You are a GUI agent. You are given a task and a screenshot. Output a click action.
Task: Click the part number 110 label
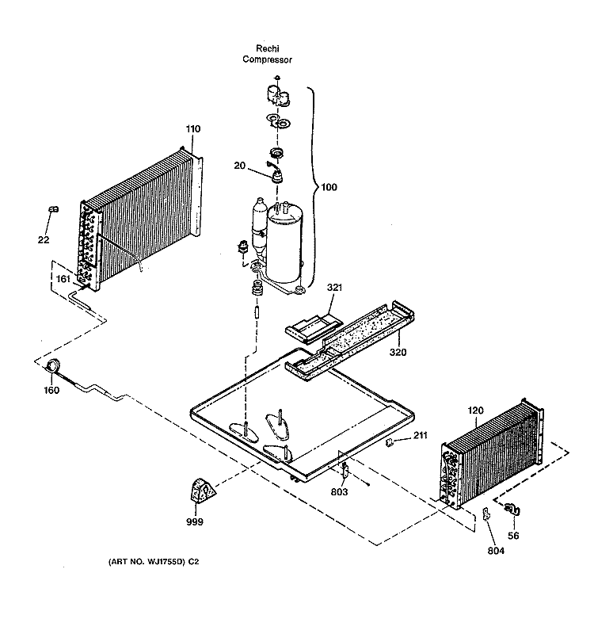pyautogui.click(x=193, y=129)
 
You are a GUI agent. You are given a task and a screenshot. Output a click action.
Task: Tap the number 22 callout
pyautogui.click(x=44, y=240)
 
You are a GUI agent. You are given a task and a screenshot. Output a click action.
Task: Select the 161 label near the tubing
pyautogui.click(x=63, y=279)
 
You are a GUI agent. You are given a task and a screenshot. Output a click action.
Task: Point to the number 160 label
pyautogui.click(x=51, y=390)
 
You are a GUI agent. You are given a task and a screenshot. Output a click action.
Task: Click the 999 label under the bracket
pyautogui.click(x=195, y=522)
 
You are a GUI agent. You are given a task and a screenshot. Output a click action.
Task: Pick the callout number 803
pyautogui.click(x=339, y=492)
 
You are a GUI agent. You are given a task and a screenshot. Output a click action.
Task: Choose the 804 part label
pyautogui.click(x=496, y=551)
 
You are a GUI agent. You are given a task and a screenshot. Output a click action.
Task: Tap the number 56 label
pyautogui.click(x=513, y=536)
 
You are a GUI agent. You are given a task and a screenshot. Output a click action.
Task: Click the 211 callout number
pyautogui.click(x=421, y=435)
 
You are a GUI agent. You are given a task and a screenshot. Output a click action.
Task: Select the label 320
pyautogui.click(x=398, y=352)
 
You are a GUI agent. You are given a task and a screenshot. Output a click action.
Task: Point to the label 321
pyautogui.click(x=334, y=288)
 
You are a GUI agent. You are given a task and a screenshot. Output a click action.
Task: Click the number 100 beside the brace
pyautogui.click(x=329, y=187)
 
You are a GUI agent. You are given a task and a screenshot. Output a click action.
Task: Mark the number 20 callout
pyautogui.click(x=240, y=166)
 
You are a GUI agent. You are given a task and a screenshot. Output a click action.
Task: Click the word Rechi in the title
pyautogui.click(x=268, y=48)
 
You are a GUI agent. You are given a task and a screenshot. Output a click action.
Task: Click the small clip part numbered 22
pyautogui.click(x=53, y=209)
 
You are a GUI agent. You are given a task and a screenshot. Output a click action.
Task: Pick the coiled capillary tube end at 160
pyautogui.click(x=52, y=366)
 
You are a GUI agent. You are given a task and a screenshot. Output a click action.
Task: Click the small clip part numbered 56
pyautogui.click(x=512, y=509)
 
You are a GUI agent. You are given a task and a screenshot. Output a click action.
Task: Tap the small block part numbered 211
pyautogui.click(x=390, y=442)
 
